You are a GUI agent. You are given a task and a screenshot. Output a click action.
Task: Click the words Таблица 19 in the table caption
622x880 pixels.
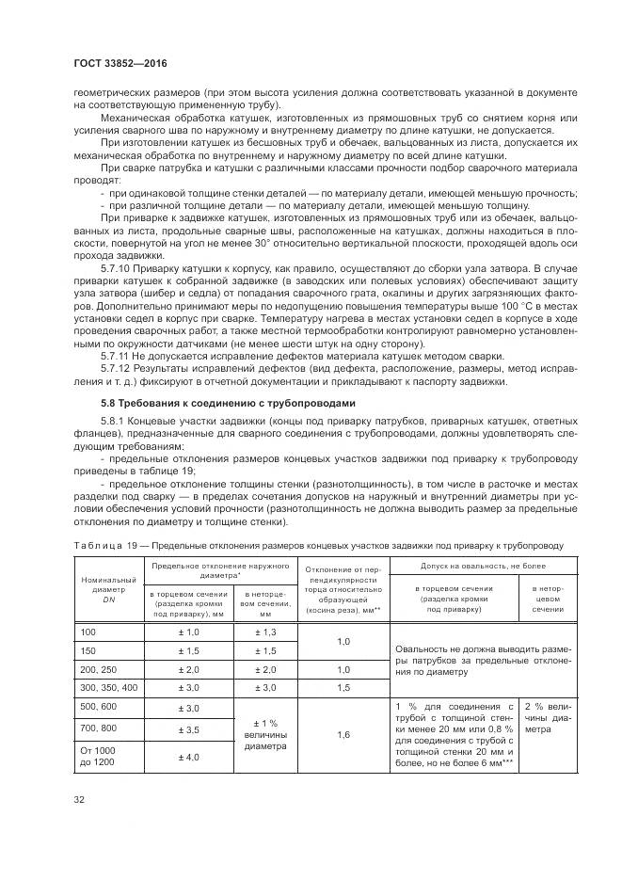[x=104, y=544]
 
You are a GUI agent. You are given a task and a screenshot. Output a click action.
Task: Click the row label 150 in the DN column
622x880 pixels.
[x=91, y=650]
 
